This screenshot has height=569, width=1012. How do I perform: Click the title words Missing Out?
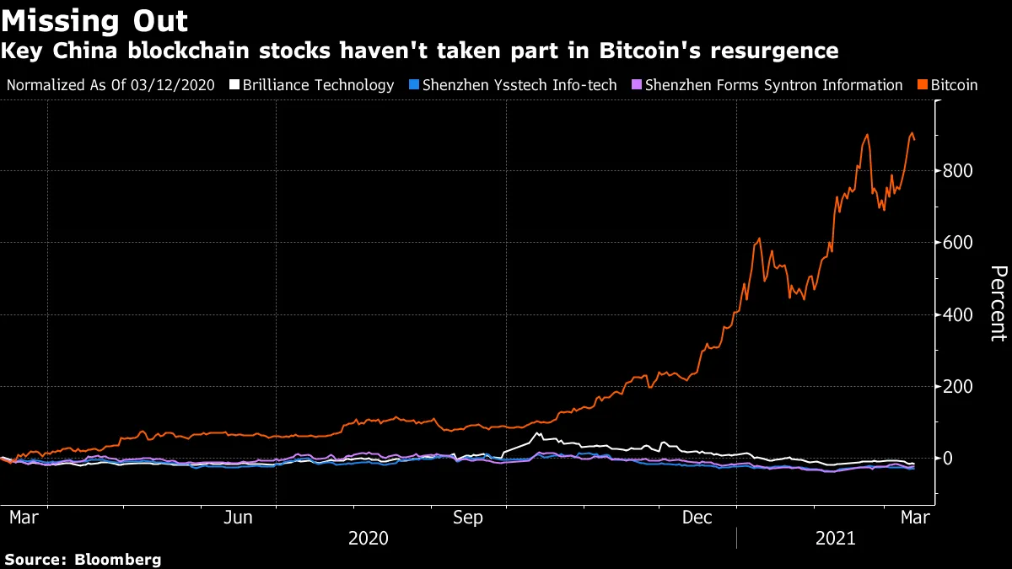click(95, 20)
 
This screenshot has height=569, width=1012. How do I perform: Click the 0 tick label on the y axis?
click(950, 459)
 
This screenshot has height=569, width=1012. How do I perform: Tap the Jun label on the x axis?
click(239, 518)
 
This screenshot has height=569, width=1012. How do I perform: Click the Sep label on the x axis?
click(468, 518)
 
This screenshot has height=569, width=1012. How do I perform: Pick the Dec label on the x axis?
click(697, 518)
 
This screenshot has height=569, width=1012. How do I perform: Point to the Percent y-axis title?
click(999, 303)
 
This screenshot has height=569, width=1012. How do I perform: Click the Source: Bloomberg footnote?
click(82, 559)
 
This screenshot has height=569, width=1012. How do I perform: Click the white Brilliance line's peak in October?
click(538, 433)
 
